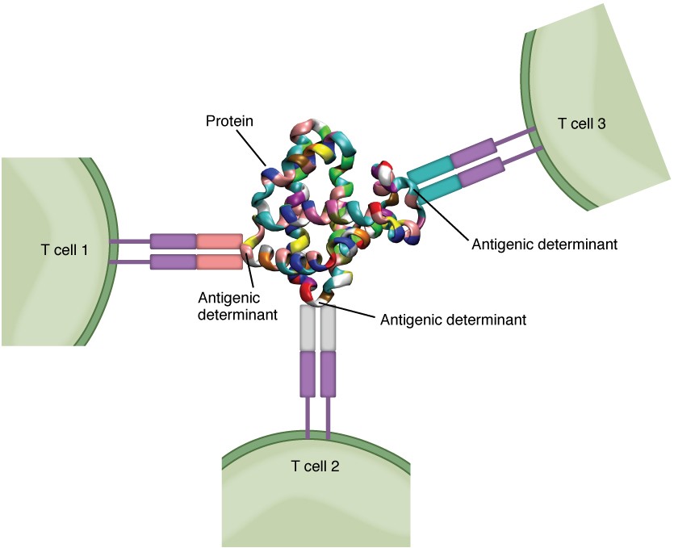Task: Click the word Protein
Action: (x=228, y=121)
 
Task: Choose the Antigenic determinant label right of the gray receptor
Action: (x=453, y=320)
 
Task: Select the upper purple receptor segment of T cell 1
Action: (x=173, y=241)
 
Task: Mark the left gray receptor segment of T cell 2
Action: (x=308, y=328)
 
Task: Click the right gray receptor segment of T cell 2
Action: (x=328, y=328)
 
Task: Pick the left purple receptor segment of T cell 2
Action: (x=308, y=374)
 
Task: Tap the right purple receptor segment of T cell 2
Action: (x=328, y=374)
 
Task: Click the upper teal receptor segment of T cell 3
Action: (x=430, y=169)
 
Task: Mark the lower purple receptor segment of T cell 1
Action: (x=173, y=261)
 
